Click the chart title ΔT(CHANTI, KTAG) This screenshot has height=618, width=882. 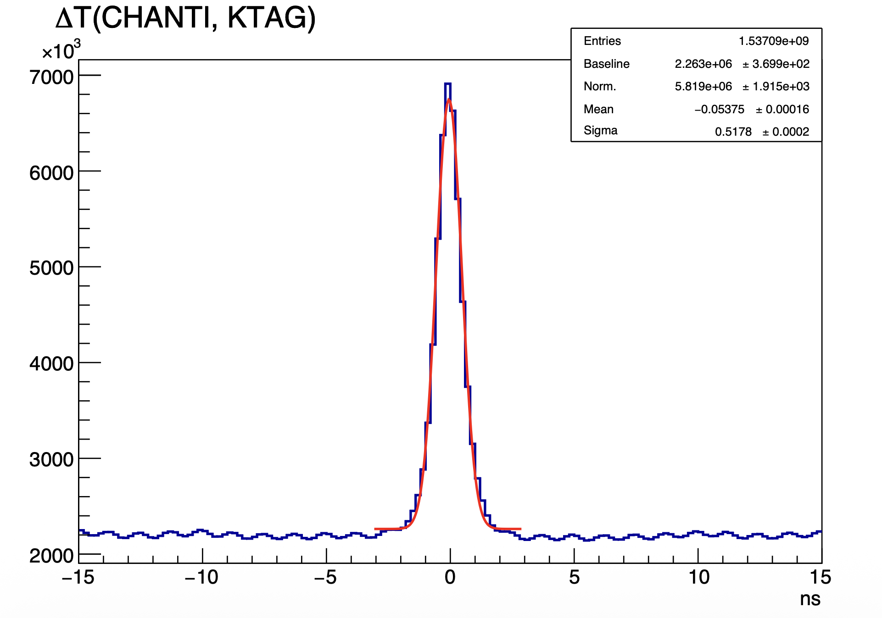tap(185, 18)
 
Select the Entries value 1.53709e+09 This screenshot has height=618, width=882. tap(773, 41)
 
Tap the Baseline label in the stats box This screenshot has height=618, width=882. tap(606, 64)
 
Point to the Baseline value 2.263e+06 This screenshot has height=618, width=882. tap(703, 64)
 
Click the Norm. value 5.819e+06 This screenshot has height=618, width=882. tap(703, 86)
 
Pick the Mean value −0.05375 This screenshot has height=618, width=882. tap(719, 109)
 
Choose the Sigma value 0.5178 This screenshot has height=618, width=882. tap(733, 132)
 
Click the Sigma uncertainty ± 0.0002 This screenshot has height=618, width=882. tap(786, 132)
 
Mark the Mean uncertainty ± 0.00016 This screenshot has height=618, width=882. tap(782, 109)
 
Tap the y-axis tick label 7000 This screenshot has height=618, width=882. tap(51, 77)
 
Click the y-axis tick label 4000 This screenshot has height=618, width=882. tap(51, 364)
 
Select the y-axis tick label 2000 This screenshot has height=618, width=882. tap(51, 556)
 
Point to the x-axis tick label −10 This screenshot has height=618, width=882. tap(201, 578)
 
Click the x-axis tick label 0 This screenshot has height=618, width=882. tap(450, 578)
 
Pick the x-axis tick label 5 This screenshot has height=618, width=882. tap(574, 578)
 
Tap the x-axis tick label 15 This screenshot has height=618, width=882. tap(820, 578)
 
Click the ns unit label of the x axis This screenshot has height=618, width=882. tap(810, 599)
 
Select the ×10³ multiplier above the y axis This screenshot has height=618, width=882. tap(61, 50)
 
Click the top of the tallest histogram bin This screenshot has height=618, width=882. tap(448, 84)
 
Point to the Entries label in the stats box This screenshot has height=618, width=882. tap(602, 41)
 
